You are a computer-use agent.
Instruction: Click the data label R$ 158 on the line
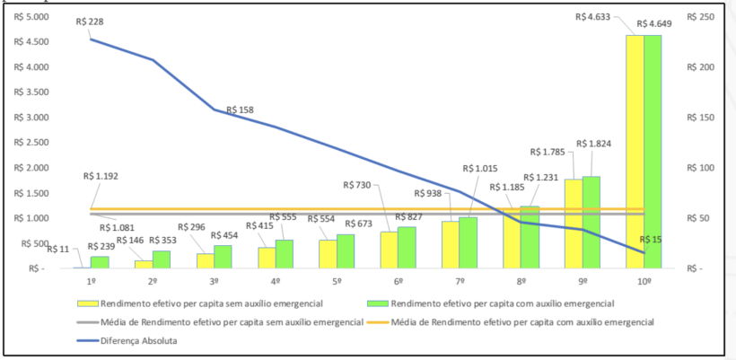[239, 110]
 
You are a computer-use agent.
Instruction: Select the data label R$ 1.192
[102, 177]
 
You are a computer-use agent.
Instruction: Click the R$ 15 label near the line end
[655, 240]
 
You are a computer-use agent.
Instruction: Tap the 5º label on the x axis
[336, 281]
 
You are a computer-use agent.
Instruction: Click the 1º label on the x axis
[91, 281]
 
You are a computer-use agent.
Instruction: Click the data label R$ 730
[356, 184]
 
